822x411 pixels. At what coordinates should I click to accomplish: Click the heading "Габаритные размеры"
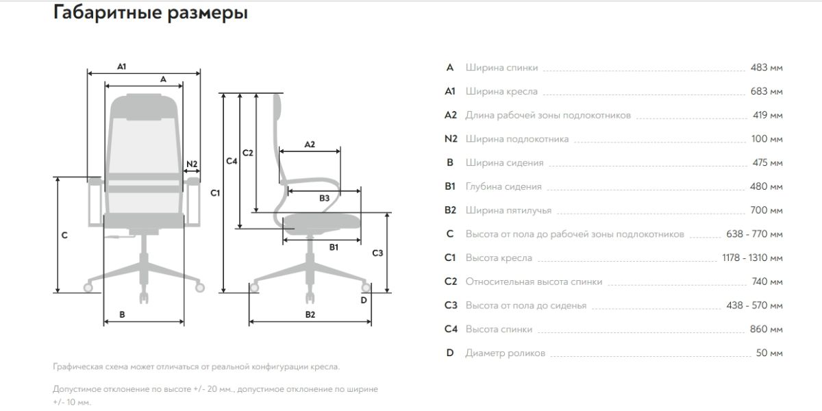pos(150,14)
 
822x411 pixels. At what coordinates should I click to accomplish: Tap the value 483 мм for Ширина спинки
pos(767,68)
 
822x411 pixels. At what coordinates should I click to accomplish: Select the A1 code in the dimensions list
pos(450,91)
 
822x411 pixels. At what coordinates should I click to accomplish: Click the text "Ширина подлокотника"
pos(517,139)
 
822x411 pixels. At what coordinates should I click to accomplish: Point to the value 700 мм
pos(767,210)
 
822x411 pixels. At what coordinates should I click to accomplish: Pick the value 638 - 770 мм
pos(754,234)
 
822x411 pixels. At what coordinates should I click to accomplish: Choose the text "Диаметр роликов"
pos(506,353)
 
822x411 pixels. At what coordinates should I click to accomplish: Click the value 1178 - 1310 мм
pos(752,258)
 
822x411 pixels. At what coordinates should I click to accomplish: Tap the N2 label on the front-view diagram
pos(192,164)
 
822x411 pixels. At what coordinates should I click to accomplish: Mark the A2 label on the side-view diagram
pos(310,145)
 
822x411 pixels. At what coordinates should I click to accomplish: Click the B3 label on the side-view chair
pos(325,198)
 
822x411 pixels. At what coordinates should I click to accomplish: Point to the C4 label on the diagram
pos(232,161)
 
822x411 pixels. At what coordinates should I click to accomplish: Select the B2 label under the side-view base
pos(310,314)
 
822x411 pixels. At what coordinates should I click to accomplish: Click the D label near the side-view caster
pos(364,299)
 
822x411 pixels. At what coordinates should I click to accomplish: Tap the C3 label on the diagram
pos(377,253)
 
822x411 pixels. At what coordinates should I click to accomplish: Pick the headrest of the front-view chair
pos(143,103)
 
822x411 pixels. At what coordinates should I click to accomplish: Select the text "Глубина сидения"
pos(503,186)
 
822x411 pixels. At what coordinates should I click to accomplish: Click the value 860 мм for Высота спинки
pos(767,329)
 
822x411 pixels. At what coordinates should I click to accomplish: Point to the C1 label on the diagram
pos(215,193)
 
